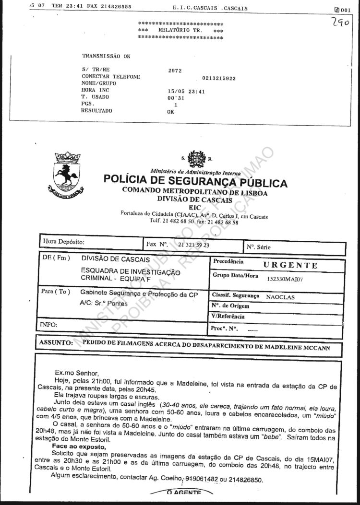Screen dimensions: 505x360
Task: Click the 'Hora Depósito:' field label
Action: point(64,242)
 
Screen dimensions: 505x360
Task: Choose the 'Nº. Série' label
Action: point(259,247)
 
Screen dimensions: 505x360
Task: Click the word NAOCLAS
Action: point(280,297)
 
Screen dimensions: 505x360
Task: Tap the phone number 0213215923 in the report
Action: point(219,78)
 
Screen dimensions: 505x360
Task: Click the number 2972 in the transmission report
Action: point(175,70)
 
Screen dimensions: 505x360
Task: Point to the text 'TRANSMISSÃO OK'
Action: point(106,56)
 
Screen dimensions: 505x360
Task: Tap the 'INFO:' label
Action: point(49,325)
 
